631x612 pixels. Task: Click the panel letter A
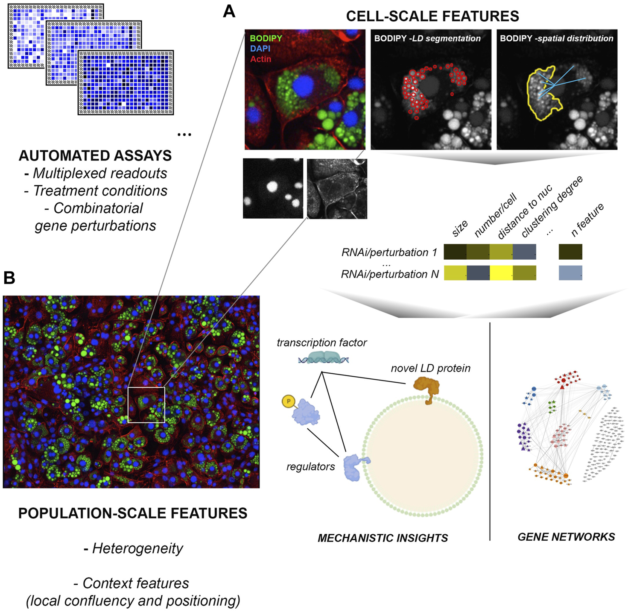229,12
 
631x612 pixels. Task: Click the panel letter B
9,278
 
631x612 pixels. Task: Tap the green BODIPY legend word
266,38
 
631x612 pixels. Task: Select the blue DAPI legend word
260,49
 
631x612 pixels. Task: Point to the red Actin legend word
260,59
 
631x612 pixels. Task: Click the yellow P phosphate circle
289,401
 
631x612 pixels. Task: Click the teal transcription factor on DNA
324,357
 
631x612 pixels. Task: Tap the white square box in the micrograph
146,405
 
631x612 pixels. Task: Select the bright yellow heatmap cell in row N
501,273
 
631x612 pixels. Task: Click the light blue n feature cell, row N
570,273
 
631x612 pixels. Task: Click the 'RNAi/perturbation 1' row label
389,252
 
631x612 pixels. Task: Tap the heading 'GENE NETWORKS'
566,537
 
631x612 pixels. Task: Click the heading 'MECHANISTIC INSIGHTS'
383,538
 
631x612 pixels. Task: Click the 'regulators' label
310,467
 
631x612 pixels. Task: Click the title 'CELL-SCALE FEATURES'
432,16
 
